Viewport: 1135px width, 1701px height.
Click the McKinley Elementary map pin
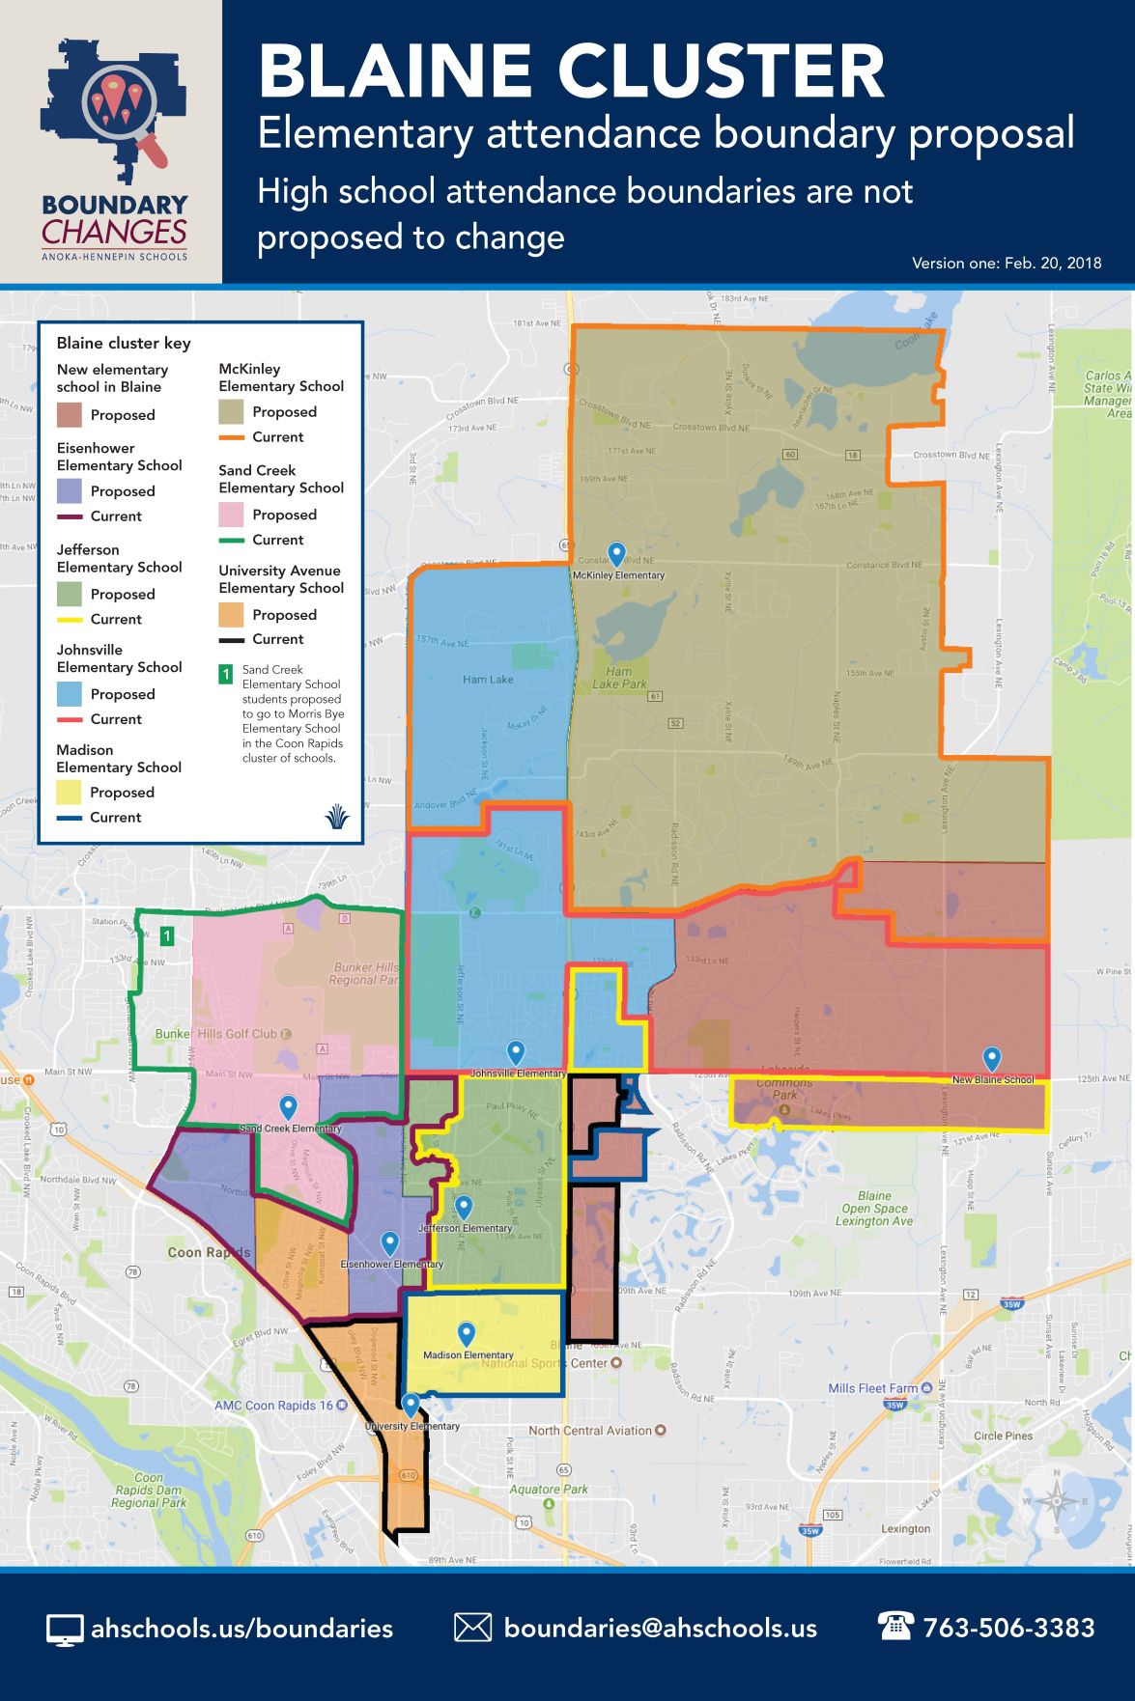pyautogui.click(x=617, y=554)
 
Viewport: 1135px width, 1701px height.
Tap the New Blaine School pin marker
pyautogui.click(x=991, y=1059)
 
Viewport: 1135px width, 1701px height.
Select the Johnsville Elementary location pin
pyautogui.click(x=517, y=1052)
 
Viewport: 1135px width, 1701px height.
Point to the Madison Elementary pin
pyautogui.click(x=467, y=1334)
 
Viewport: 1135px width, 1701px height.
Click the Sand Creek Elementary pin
pyautogui.click(x=288, y=1107)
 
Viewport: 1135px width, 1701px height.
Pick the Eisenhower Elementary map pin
pyautogui.click(x=390, y=1243)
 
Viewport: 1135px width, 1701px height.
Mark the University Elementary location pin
pyautogui.click(x=411, y=1405)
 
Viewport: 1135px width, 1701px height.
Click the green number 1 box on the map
pyautogui.click(x=167, y=935)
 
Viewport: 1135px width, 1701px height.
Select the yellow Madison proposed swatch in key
pyautogui.click(x=69, y=793)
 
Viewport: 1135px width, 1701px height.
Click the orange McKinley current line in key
pyautogui.click(x=231, y=437)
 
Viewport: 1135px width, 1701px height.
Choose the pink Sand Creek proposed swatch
pyautogui.click(x=231, y=515)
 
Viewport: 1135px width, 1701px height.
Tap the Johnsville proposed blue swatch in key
pyautogui.click(x=69, y=694)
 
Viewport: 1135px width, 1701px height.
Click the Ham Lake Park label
pyautogui.click(x=619, y=678)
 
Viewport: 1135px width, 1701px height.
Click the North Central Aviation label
pyautogui.click(x=590, y=1431)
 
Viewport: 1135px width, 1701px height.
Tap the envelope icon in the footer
pyautogui.click(x=472, y=1628)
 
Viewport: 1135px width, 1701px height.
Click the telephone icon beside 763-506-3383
pyautogui.click(x=894, y=1626)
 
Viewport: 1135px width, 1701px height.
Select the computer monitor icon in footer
pyautogui.click(x=64, y=1630)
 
